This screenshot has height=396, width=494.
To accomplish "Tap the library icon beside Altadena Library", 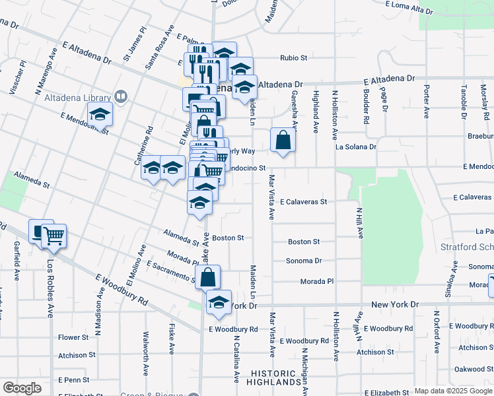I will pyautogui.click(x=121, y=97).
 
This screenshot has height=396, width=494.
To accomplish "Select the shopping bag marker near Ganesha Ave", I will pyautogui.click(x=283, y=141).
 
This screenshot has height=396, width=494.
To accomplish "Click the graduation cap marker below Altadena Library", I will pyautogui.click(x=100, y=114).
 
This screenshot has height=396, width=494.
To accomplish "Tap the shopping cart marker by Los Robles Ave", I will pyautogui.click(x=53, y=235).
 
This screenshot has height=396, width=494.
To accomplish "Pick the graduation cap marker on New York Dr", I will pyautogui.click(x=219, y=303).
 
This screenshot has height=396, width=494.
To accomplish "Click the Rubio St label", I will pyautogui.click(x=294, y=58).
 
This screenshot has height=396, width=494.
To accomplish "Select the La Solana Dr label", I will pyautogui.click(x=355, y=147).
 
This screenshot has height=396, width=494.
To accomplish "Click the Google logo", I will pyautogui.click(x=22, y=388).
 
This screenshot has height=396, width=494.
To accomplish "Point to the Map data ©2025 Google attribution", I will pyautogui.click(x=452, y=391).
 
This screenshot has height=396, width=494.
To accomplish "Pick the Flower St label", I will pyautogui.click(x=73, y=337).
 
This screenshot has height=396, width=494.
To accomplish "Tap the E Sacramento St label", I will pyautogui.click(x=171, y=271).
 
